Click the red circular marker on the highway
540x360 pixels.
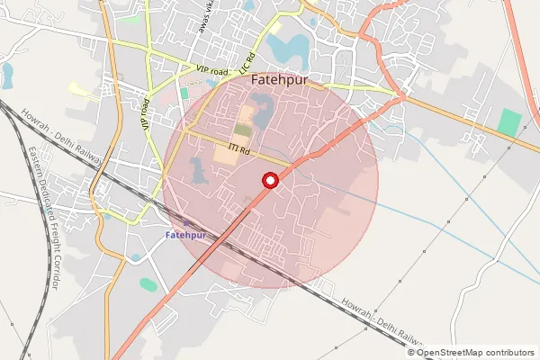(270, 180)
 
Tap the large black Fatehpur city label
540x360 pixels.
(282, 79)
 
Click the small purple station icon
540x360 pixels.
(187, 222)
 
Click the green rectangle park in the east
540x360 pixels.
(510, 122)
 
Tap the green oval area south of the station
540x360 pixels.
(148, 284)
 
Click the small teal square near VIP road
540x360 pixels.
(184, 93)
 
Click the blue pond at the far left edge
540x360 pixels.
(7, 74)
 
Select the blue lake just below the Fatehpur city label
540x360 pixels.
(263, 112)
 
